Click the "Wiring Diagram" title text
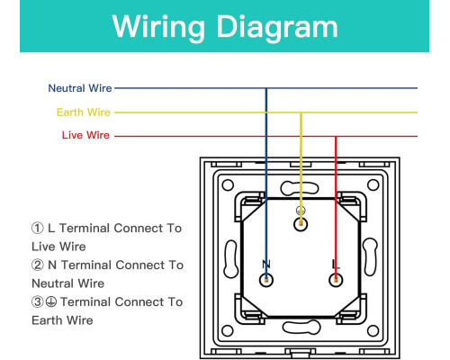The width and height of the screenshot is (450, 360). pos(225,27)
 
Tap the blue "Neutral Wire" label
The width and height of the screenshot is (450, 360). pos(80,88)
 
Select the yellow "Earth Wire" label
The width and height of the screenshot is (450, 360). pos(84,112)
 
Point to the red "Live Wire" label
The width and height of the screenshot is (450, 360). pos(85,135)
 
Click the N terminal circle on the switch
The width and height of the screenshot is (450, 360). pos(266,280)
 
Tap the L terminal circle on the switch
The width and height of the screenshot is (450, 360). pos(336,280)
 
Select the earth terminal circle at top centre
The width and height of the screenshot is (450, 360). pos(301,224)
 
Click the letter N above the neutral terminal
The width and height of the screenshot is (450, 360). pos(266,265)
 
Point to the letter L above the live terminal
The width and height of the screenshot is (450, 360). pos(336,265)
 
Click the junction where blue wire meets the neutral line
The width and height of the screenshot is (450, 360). pos(266,88)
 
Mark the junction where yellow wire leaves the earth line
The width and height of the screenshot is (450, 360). pos(301,112)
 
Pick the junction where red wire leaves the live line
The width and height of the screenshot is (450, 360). pos(336,137)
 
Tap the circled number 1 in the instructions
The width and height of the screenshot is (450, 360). pos(38,228)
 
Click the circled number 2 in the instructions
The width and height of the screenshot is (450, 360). pos(38,265)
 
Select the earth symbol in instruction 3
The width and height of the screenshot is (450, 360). pos(51,301)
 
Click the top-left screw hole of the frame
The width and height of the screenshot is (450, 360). pos(228,184)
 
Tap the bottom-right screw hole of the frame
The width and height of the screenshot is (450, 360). pos(373,330)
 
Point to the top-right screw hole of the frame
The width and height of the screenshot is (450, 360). pos(373,184)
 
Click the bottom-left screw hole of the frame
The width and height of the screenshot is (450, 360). pos(228,330)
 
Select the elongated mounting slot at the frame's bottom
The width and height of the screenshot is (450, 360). pos(301,327)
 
